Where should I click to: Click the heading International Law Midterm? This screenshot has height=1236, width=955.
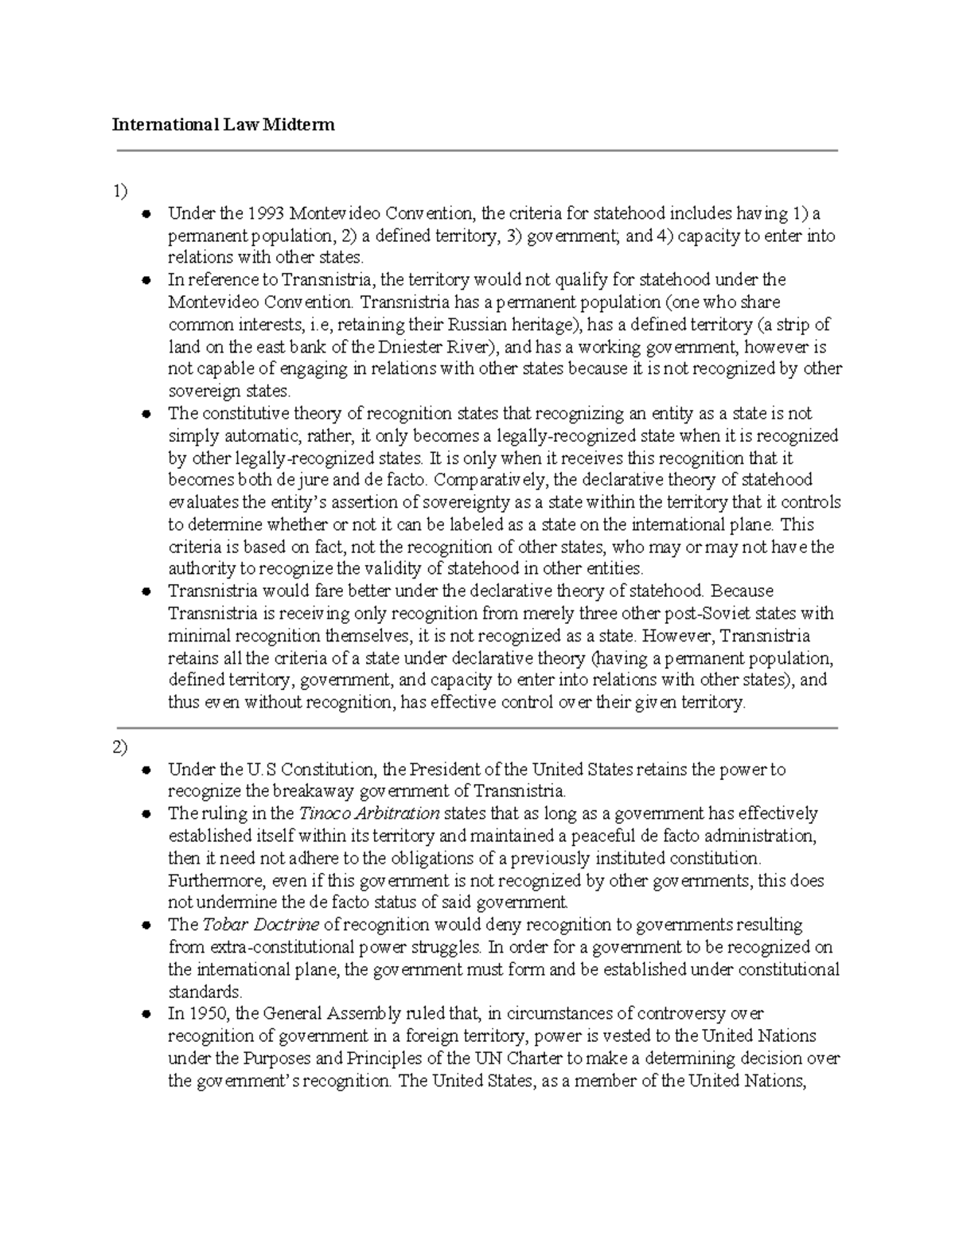click(x=223, y=125)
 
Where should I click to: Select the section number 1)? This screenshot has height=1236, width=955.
click(x=119, y=191)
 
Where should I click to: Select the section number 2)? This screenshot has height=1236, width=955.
click(x=119, y=747)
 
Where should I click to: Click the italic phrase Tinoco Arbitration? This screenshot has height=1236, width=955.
click(x=368, y=813)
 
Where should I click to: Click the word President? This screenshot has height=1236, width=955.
click(x=444, y=770)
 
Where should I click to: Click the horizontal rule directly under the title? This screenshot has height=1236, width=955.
click(x=477, y=150)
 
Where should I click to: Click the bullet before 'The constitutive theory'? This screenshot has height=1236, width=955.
click(x=146, y=414)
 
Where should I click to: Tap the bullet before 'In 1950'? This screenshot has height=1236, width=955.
click(x=146, y=1014)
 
